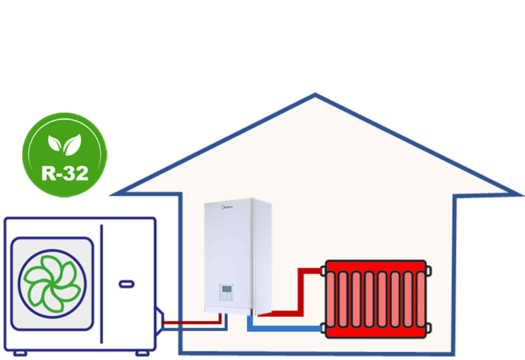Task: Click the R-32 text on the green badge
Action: click(x=64, y=173)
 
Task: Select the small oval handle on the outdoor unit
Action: click(x=126, y=284)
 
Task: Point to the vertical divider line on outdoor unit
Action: click(x=101, y=281)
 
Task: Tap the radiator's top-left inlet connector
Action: click(x=323, y=269)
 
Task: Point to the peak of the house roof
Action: click(x=316, y=96)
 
